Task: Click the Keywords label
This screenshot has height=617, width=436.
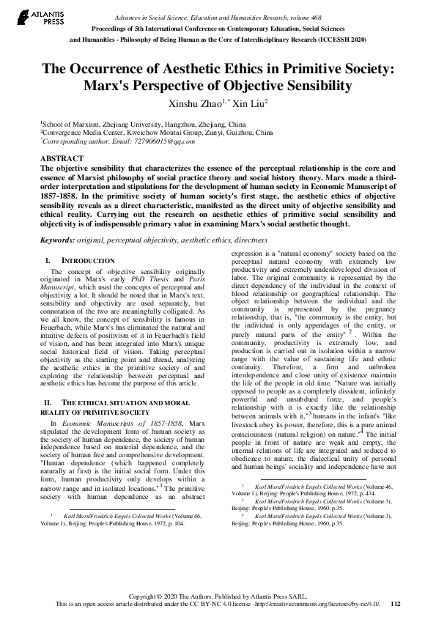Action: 58,240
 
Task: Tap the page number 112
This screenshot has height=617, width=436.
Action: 396,604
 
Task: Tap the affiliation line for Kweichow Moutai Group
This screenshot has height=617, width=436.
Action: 156,133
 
